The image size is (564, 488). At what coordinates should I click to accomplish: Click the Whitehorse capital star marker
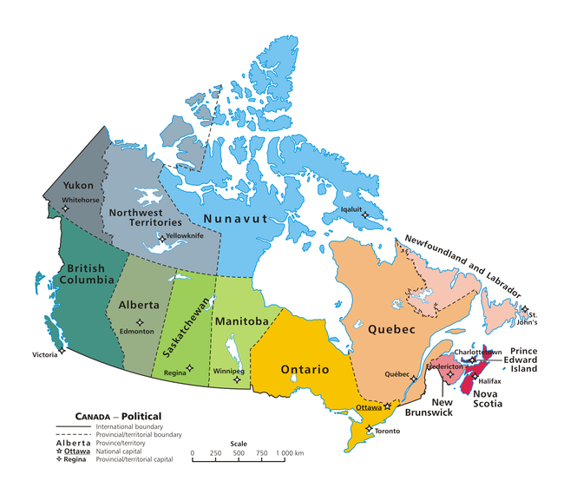tap(63, 208)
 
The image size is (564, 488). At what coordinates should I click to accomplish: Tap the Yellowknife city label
tap(184, 236)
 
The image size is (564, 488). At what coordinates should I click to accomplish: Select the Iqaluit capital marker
tap(365, 215)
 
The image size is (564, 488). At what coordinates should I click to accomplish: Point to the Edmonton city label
tap(138, 333)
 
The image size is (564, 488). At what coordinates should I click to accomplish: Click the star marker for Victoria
tap(62, 352)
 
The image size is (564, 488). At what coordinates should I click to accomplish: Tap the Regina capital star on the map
tap(189, 367)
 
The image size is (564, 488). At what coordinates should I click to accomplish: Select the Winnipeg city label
tap(227, 371)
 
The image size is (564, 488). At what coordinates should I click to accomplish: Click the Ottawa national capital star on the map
tap(388, 406)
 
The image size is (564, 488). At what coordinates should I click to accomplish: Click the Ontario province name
tap(305, 370)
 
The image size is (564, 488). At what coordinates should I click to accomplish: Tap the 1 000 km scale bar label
tap(290, 453)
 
